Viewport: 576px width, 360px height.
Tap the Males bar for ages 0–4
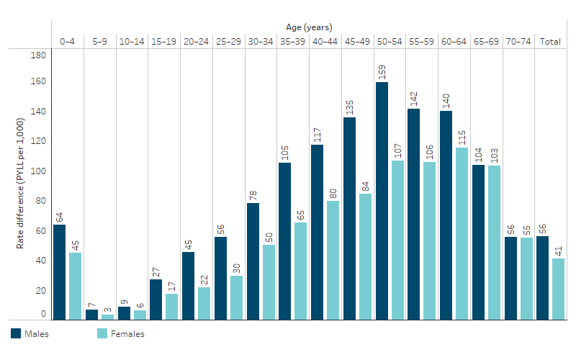point(59,271)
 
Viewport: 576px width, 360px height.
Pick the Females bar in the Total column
point(558,289)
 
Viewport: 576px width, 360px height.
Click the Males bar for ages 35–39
point(284,240)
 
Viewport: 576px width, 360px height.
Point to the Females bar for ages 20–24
point(204,302)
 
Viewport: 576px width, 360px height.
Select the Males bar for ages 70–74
point(510,277)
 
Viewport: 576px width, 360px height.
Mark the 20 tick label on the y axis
point(41,290)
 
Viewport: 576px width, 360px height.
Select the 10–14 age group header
point(132,42)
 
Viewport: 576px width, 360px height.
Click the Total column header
point(551,42)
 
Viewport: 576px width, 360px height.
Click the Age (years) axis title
point(309,27)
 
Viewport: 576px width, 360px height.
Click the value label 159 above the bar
point(382,73)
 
